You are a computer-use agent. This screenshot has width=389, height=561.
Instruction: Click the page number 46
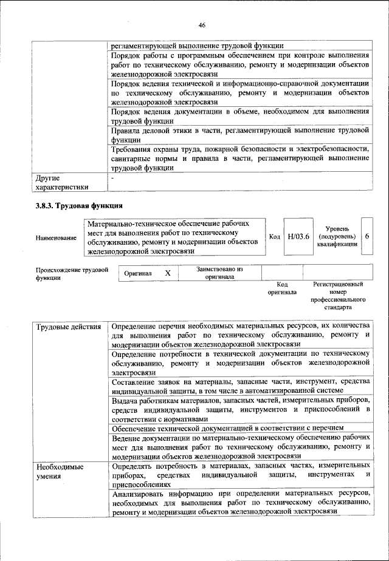[x=202, y=25]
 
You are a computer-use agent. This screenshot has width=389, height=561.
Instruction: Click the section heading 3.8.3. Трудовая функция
[x=79, y=205]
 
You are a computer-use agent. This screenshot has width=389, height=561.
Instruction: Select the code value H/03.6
[x=298, y=236]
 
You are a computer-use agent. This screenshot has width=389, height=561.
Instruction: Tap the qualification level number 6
[x=367, y=236]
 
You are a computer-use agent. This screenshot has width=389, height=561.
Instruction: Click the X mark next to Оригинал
[x=168, y=274]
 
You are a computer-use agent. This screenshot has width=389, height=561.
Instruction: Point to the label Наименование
[x=57, y=238]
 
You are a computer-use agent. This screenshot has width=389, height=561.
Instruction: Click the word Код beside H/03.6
[x=274, y=236]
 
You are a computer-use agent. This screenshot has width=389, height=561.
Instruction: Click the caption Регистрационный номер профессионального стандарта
[x=337, y=295]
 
